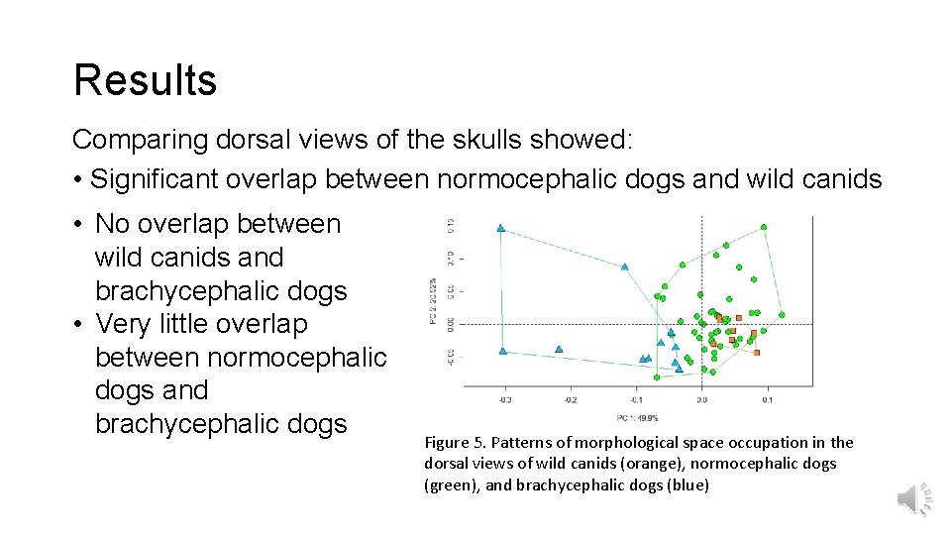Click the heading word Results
click(145, 80)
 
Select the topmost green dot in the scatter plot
click(766, 228)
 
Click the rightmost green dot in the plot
click(782, 315)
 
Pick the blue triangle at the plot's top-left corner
click(501, 228)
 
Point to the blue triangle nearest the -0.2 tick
click(560, 349)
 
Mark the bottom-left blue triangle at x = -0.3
click(503, 351)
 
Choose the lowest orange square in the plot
click(757, 352)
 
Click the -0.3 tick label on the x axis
click(504, 399)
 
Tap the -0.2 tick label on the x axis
click(570, 399)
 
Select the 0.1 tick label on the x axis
click(767, 399)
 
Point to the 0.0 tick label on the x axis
click(701, 399)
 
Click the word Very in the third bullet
click(121, 324)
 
